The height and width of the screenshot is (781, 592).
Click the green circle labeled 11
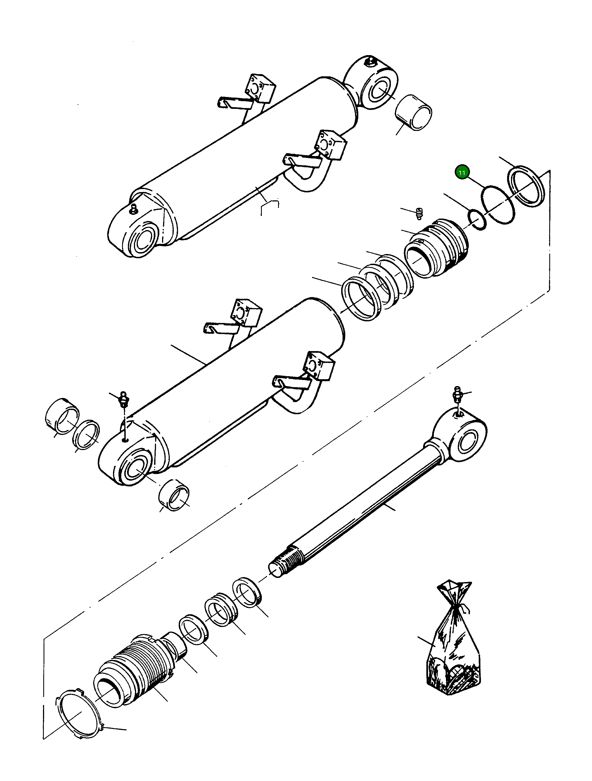462,172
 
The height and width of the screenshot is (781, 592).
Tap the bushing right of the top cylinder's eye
414,113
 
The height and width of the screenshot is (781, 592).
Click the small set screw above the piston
419,214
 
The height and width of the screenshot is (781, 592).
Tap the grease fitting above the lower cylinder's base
123,399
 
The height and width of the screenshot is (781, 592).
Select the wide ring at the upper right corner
526,186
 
